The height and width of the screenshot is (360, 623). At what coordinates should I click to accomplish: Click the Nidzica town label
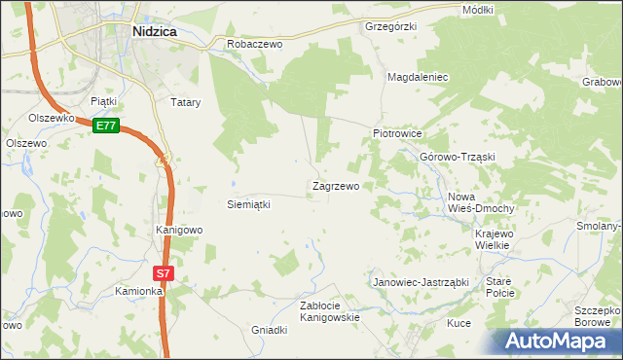pos(154,31)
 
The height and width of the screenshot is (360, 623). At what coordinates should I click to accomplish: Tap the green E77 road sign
pos(106,126)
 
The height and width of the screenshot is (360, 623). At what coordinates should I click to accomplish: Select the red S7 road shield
pos(164,274)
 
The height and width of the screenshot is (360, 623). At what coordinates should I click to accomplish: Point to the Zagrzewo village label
pos(335,186)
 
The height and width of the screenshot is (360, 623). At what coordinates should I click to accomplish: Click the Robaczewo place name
pos(254,45)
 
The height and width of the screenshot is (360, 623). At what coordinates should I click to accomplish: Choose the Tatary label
pos(185,101)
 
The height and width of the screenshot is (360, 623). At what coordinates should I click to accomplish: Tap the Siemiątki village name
pos(247,205)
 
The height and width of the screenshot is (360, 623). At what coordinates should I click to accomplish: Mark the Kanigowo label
pos(179,231)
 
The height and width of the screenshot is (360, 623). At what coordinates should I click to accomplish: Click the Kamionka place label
pos(137,291)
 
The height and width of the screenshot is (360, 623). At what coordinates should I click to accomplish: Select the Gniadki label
pos(270,330)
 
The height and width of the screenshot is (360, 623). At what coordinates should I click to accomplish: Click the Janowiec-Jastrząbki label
pos(421,282)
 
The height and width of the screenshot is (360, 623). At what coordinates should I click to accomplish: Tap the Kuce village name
pos(458,323)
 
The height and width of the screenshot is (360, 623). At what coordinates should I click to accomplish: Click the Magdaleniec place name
pos(417,76)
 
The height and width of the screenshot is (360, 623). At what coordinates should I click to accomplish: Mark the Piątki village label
pos(103,100)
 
